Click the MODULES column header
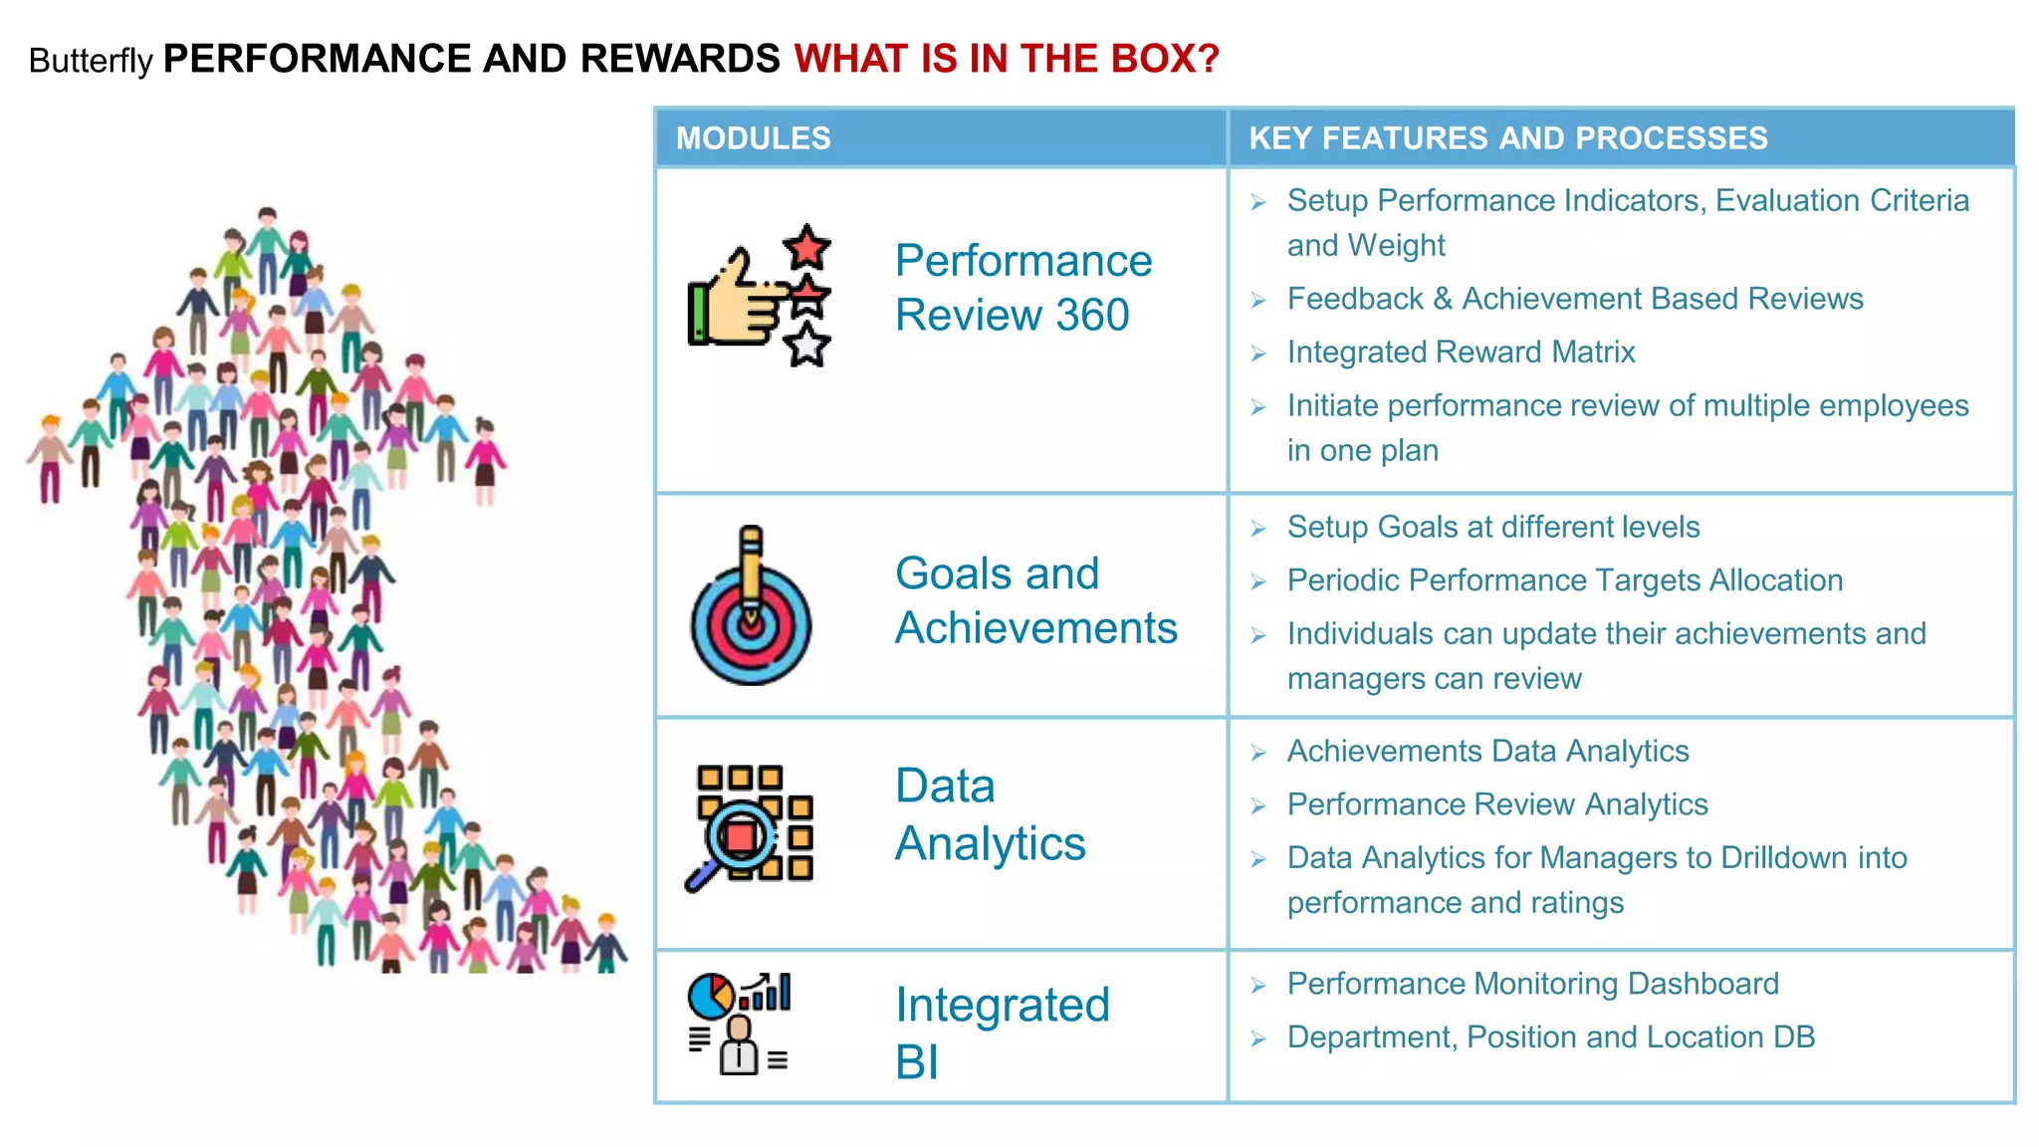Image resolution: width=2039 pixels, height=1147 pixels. (x=753, y=137)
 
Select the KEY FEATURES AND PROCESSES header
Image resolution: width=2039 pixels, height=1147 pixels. (x=1507, y=137)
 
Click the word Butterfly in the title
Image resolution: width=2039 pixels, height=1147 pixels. (x=91, y=61)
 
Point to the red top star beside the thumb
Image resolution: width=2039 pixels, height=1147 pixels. (x=806, y=247)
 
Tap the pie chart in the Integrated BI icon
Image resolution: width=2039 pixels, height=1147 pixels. (x=711, y=996)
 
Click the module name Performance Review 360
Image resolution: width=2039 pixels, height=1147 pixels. (x=1022, y=288)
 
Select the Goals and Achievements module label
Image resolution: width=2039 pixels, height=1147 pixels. (x=1035, y=600)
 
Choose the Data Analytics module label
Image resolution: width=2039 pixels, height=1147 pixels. (x=990, y=814)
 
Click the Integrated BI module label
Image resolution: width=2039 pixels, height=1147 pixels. (x=1001, y=1032)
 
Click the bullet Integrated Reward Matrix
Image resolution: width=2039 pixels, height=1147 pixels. (x=1460, y=352)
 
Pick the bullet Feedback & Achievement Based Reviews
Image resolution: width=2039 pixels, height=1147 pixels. (x=1574, y=299)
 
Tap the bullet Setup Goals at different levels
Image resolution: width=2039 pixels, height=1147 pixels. (x=1492, y=527)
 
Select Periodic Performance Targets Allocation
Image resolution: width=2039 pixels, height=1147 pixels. (x=1564, y=580)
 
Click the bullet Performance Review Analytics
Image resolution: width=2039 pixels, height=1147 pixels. (x=1496, y=804)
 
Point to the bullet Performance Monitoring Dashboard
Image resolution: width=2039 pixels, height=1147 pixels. (x=1532, y=984)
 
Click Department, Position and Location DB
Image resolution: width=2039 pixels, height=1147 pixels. (x=1550, y=1037)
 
